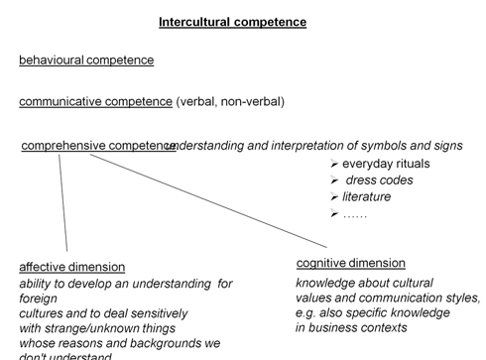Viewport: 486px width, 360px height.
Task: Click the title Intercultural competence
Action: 233,22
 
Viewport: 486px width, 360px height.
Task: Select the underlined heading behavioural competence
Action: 86,60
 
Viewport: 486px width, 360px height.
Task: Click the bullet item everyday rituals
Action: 383,164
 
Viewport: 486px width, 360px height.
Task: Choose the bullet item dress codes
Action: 379,180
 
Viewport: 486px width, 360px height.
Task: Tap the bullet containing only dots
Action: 354,214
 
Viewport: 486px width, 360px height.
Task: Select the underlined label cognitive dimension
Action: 350,263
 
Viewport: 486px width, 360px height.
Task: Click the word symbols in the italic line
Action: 385,146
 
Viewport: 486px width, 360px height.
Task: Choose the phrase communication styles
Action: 425,298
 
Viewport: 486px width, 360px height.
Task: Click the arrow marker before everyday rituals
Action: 333,164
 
